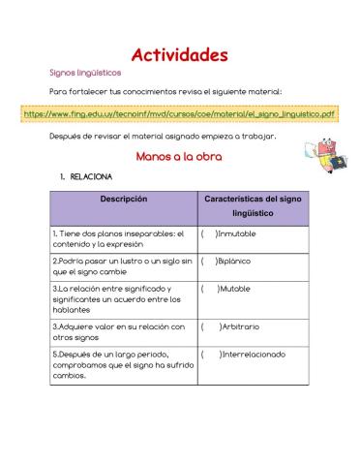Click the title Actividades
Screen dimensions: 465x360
179,54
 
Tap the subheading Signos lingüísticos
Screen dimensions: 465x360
85,73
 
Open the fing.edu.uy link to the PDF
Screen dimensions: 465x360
180,113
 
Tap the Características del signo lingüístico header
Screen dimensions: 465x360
254,205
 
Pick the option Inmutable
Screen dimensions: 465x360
236,233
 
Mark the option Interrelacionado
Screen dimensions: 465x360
251,355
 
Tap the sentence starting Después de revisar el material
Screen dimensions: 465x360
163,136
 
